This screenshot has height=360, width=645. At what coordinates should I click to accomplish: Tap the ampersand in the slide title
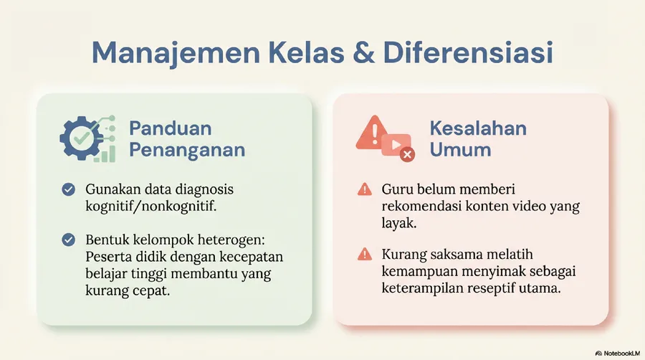click(x=363, y=52)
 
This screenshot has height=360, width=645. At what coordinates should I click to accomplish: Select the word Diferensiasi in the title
click(x=468, y=52)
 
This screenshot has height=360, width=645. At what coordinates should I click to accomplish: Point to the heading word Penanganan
click(x=187, y=150)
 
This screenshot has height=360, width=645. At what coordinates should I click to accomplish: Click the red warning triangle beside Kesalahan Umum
click(x=372, y=132)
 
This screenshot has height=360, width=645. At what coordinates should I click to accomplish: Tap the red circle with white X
click(x=407, y=154)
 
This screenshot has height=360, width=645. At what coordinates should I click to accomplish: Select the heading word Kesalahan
click(x=478, y=128)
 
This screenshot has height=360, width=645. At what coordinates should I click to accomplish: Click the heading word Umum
click(x=460, y=150)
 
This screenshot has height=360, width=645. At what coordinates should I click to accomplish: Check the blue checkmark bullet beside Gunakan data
click(x=68, y=189)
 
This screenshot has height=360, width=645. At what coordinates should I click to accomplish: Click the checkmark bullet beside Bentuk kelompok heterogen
click(x=68, y=240)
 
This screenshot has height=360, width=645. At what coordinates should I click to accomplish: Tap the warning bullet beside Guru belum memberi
click(x=365, y=189)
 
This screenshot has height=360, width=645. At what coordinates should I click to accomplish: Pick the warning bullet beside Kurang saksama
click(x=365, y=255)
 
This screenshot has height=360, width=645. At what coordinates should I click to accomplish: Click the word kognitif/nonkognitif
click(x=151, y=206)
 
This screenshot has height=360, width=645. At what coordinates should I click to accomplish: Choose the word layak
click(x=399, y=223)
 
